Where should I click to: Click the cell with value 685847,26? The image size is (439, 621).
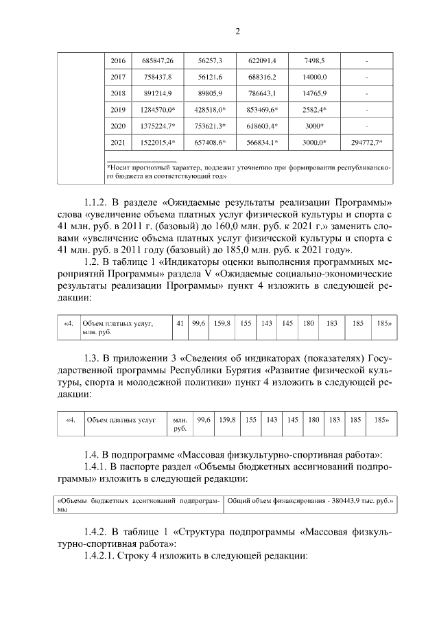[158, 61]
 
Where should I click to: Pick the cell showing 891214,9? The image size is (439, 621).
[157, 93]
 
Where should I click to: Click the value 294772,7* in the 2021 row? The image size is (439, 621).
[366, 143]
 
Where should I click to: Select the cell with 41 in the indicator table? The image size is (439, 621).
[180, 323]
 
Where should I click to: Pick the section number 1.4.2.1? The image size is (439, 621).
[104, 554]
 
